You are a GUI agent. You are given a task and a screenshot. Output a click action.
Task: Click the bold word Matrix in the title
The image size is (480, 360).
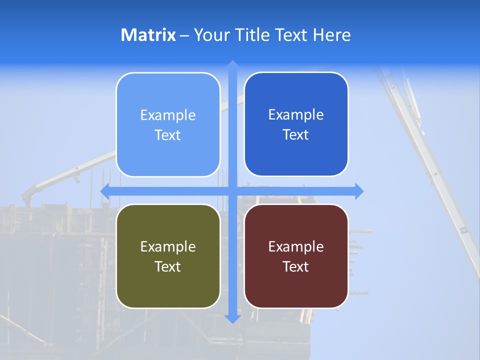pos(148,35)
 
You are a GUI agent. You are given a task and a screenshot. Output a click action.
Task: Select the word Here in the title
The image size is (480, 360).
pos(332,35)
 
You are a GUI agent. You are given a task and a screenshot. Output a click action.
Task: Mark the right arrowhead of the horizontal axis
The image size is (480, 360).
pos(358,191)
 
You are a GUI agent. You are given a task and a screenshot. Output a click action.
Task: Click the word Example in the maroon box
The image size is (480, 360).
pos(296,246)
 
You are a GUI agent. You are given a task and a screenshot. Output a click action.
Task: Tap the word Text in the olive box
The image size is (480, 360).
pos(168,266)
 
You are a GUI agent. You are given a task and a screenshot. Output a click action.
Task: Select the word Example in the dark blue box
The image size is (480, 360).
pos(296,114)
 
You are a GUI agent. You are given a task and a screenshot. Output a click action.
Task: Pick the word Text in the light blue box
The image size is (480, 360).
pos(168,135)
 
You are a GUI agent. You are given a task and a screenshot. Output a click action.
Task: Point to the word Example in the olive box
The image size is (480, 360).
pos(168,246)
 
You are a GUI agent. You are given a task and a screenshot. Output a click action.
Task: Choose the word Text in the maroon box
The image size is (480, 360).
pos(296,266)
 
